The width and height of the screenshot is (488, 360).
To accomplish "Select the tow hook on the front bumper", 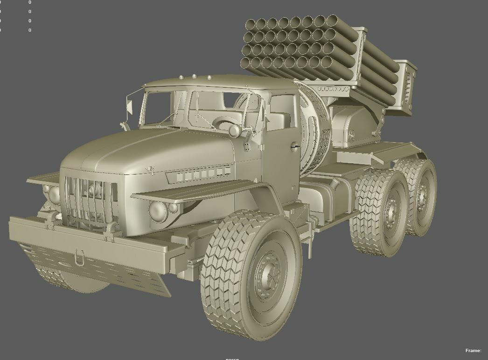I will [x=80, y=256].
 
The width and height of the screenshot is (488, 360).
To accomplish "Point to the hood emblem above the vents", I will [x=150, y=171].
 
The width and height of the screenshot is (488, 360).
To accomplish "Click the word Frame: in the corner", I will [x=473, y=351].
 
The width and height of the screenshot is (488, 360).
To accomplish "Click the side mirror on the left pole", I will [x=129, y=108].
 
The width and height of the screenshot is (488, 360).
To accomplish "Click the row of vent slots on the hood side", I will [x=198, y=175].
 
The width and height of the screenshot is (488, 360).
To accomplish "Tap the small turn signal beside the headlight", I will [x=173, y=208].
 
